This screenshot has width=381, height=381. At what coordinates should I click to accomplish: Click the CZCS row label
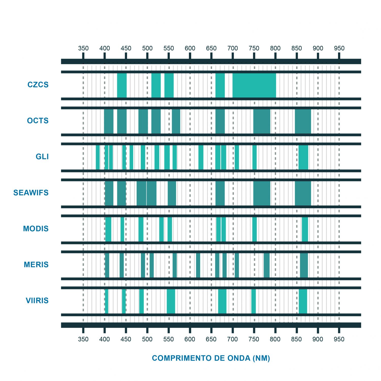tap(38, 85)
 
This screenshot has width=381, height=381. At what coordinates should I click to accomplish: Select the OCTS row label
tap(38, 121)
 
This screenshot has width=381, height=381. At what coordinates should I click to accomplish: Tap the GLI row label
tap(42, 157)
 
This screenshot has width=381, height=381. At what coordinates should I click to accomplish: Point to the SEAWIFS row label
tap(31, 193)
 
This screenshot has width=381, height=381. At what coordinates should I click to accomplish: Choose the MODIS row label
tap(36, 229)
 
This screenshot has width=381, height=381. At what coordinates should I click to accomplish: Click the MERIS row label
tap(36, 265)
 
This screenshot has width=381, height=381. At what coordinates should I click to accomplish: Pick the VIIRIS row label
tap(37, 301)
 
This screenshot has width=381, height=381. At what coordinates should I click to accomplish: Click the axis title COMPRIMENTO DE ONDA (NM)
tap(211, 358)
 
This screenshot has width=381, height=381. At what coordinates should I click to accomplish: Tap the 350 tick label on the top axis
tap(83, 48)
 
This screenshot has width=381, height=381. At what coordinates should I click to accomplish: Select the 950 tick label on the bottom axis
tap(339, 339)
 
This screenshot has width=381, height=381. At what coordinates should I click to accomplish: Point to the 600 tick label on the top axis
tap(190, 48)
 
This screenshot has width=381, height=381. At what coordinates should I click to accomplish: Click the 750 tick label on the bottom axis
tap(254, 339)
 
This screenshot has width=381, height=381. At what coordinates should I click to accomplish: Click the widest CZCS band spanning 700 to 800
tap(254, 85)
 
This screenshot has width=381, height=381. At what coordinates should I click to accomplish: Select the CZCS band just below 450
tap(122, 85)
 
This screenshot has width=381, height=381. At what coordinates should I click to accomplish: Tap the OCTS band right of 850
tap(303, 121)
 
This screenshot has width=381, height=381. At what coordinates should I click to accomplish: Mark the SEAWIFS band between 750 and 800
tap(262, 193)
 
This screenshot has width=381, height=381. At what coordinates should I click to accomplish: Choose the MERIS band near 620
tap(198, 265)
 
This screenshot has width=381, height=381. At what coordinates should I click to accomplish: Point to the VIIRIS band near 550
tap(171, 301)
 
